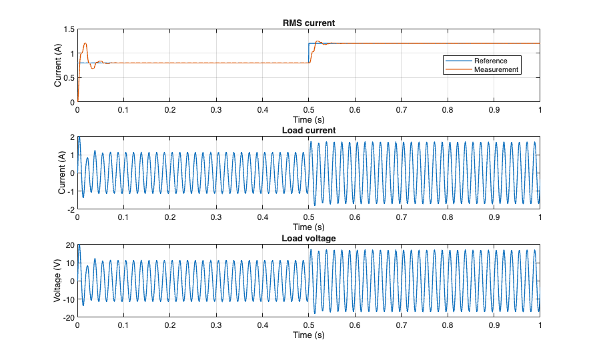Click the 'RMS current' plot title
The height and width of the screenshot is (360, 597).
coord(308,23)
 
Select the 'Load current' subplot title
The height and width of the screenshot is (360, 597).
coord(308,131)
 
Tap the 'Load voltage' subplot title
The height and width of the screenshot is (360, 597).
coord(308,238)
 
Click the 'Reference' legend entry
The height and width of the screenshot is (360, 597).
coord(490,61)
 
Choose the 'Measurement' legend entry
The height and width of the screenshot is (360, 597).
coord(496,69)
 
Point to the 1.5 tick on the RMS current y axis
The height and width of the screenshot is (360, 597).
coord(69,30)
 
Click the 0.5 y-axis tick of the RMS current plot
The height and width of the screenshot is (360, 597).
coord(69,78)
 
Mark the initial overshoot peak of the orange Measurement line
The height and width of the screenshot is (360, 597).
coord(85,43)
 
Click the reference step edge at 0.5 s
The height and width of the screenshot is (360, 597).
coord(308,53)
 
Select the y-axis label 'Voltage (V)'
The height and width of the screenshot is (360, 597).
coord(58,281)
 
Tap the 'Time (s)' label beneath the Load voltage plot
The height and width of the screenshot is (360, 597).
coord(308,335)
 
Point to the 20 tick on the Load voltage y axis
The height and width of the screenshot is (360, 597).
coord(69,245)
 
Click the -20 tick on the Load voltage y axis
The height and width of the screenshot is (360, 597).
coord(68,317)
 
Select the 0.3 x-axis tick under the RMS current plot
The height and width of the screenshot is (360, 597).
coord(216,110)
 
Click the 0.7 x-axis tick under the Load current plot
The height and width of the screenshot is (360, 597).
coord(401,217)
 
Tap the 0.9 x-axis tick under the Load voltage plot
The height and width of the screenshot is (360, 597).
coord(493,325)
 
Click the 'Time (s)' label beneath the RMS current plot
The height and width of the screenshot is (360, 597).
coord(308,119)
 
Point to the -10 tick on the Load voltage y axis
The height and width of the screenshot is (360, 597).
coord(68,299)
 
